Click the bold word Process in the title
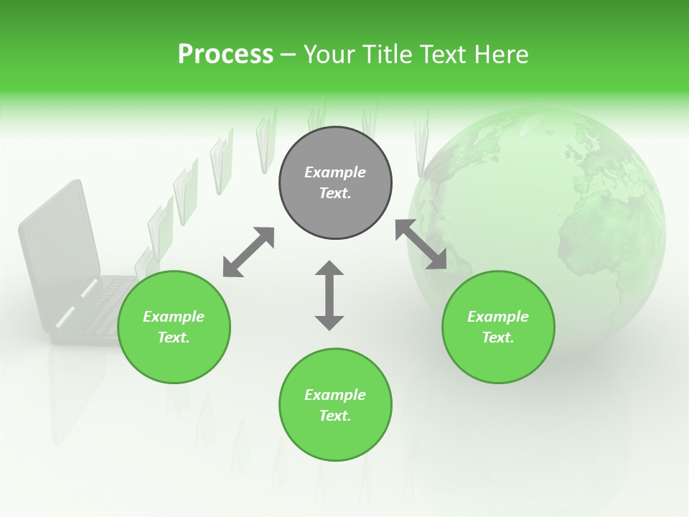coord(225,55)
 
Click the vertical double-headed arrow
coord(329,295)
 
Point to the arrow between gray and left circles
coord(248,252)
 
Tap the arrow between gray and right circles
coord(421,244)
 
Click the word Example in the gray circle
coord(335,172)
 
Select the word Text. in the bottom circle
coord(335,416)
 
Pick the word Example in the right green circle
coord(498,317)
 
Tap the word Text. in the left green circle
coord(174,337)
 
